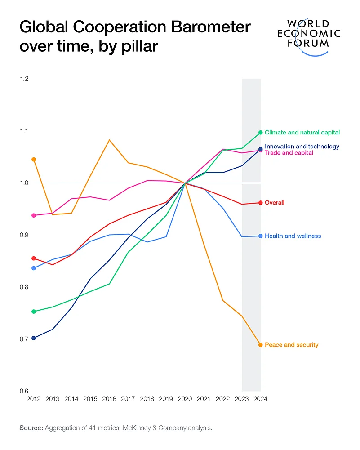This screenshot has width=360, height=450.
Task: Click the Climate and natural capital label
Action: pos(302,133)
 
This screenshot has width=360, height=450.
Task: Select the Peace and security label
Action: pos(291,345)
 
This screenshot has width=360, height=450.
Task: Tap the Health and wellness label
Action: pos(293,236)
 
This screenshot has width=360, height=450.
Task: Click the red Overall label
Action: pos(274,203)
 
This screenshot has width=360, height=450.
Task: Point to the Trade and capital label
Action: pos(289,153)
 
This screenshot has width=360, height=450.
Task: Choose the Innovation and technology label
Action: pos(302,147)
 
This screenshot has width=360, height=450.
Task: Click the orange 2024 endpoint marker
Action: pos(260,345)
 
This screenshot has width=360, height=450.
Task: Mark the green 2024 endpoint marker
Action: pos(260,133)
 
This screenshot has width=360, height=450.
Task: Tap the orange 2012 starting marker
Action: pos(34,160)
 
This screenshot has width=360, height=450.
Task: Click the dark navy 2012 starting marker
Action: pos(34,338)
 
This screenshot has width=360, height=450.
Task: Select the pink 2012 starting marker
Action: pos(34,215)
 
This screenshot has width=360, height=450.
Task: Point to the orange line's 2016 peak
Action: pos(109,140)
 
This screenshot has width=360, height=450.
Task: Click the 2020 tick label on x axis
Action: pos(185,399)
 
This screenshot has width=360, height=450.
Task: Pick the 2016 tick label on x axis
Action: pos(109,399)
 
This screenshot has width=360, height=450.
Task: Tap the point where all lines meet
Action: pos(185,183)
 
